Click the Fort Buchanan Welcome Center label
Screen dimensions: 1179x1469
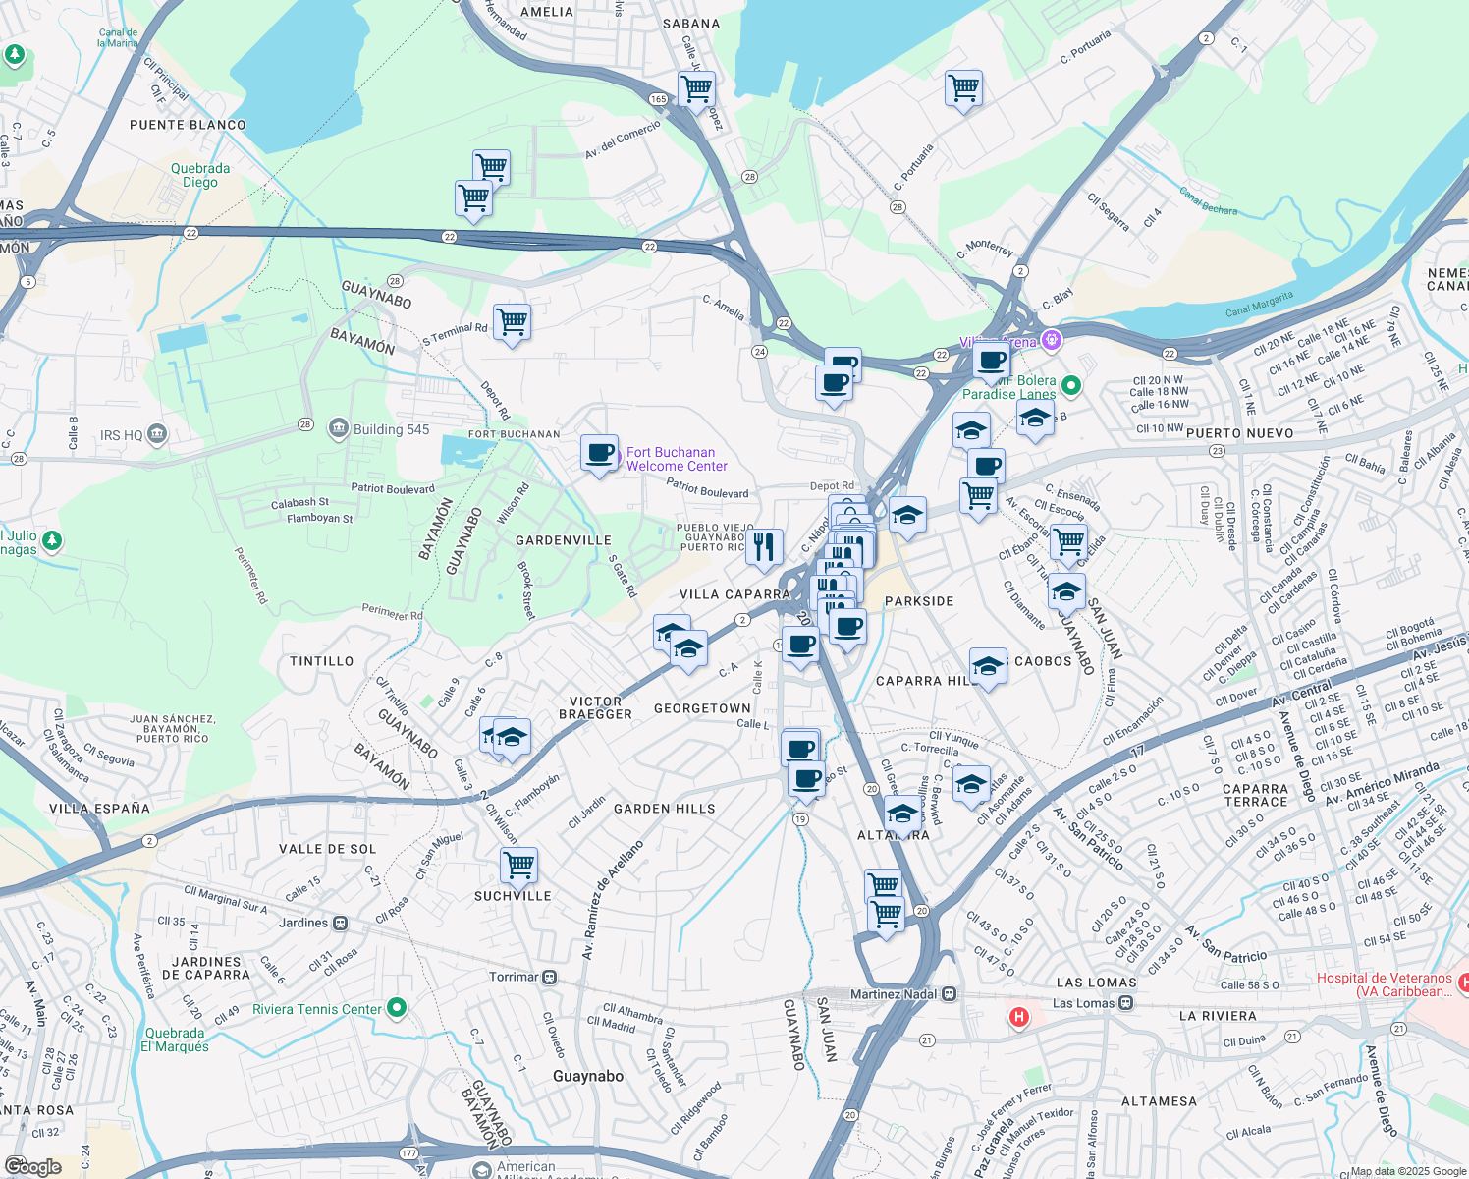coord(677,460)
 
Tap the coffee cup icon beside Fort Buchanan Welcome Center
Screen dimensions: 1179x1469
coord(599,454)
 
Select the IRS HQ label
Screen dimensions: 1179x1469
coord(122,435)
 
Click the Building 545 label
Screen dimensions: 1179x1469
coord(391,429)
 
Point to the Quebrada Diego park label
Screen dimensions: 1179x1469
coord(200,175)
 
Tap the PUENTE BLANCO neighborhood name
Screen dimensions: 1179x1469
coord(188,125)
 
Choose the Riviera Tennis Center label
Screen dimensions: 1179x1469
coord(317,1009)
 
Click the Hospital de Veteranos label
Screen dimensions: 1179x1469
coord(1384,984)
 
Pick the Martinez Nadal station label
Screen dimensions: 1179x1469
coord(895,994)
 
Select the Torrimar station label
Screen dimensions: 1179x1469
coord(515,977)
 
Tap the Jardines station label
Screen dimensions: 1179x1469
coord(303,923)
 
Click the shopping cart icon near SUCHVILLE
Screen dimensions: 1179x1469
coord(518,866)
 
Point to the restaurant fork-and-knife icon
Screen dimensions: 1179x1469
coord(764,546)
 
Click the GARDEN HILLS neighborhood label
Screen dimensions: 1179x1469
coord(665,809)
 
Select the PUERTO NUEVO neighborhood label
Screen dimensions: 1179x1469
coord(1240,433)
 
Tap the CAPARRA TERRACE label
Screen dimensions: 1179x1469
coord(1255,796)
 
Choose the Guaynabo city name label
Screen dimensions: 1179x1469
coord(588,1076)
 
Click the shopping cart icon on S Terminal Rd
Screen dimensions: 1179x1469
coord(512,321)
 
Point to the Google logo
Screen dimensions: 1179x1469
coord(32,1166)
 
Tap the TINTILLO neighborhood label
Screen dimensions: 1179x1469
coord(321,661)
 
